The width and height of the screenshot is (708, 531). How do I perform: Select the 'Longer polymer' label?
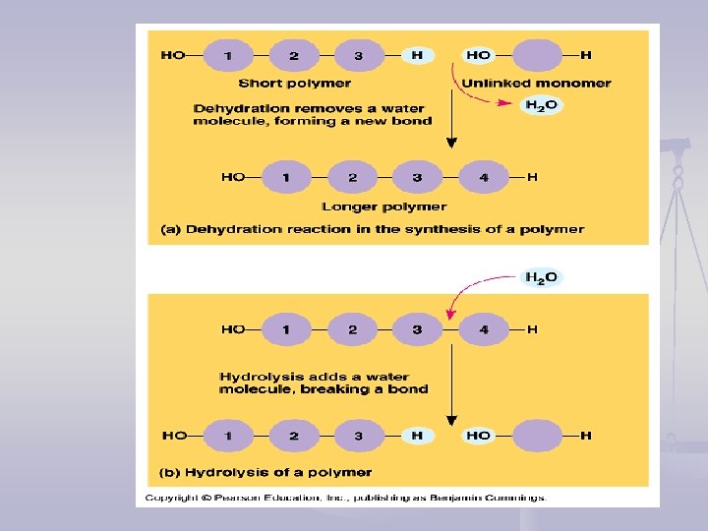click(x=383, y=206)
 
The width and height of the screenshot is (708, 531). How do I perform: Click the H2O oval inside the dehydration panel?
click(x=541, y=106)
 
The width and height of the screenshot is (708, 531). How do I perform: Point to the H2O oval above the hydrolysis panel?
click(x=541, y=278)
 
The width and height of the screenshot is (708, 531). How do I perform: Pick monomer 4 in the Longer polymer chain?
click(x=483, y=178)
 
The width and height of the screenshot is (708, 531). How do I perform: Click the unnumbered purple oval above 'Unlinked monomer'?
click(x=538, y=55)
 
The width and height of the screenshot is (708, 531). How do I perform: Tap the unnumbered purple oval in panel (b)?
click(x=538, y=435)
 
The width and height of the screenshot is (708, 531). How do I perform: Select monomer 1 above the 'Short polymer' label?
click(x=228, y=55)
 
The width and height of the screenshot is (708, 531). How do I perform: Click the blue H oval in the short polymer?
click(x=417, y=55)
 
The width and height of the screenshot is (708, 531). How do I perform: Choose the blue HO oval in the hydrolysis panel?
click(x=479, y=435)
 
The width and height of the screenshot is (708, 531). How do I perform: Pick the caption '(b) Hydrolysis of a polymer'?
click(x=265, y=472)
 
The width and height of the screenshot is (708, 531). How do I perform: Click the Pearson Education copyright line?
click(x=344, y=498)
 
